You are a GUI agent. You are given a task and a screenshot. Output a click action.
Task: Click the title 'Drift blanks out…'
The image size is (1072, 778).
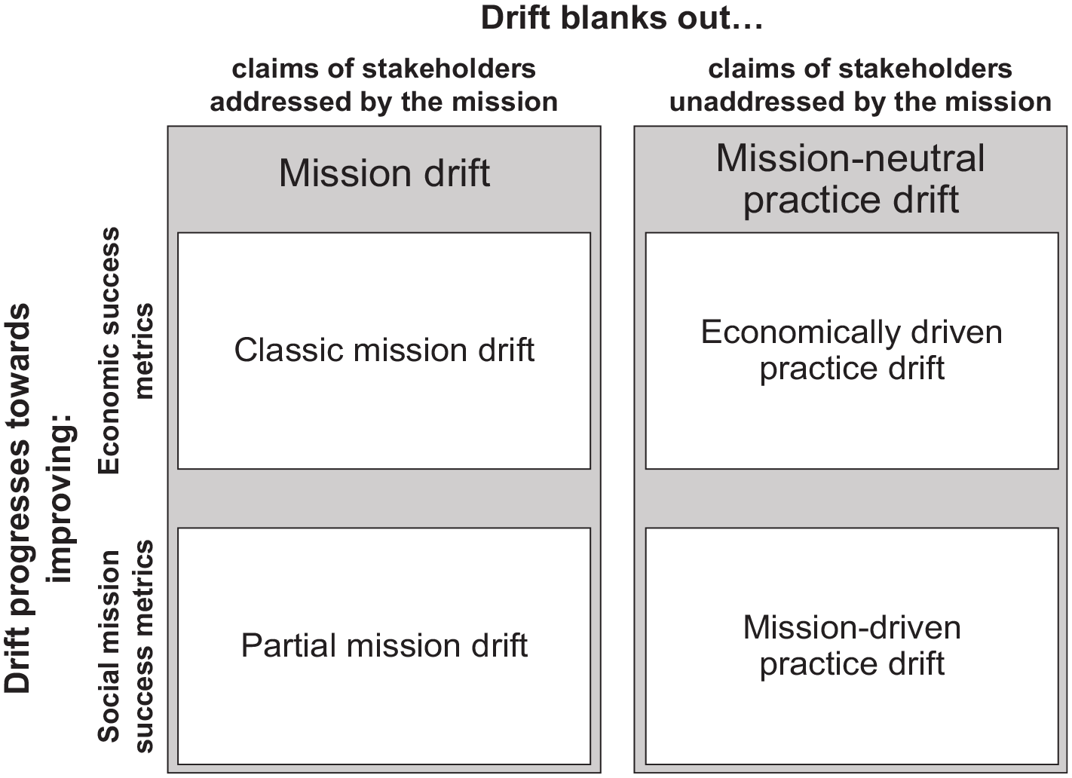[622, 18]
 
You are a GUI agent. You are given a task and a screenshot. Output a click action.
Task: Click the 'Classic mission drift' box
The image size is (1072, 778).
[384, 351]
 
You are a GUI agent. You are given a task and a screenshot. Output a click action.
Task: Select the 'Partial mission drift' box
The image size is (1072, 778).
[384, 645]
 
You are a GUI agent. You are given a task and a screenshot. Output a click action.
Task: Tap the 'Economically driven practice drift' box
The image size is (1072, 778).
[851, 351]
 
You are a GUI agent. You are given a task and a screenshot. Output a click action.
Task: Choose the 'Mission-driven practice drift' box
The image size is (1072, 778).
[851, 645]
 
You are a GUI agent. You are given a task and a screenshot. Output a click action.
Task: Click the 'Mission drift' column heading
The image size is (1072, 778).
[384, 173]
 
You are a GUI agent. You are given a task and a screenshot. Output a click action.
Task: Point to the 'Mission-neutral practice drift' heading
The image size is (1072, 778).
[851, 179]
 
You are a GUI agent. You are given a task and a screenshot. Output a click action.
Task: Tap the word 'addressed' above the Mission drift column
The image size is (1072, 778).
[280, 102]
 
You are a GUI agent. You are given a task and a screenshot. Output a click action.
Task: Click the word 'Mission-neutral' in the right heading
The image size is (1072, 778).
[851, 158]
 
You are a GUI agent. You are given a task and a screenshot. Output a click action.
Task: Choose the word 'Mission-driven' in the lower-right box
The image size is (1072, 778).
[852, 627]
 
